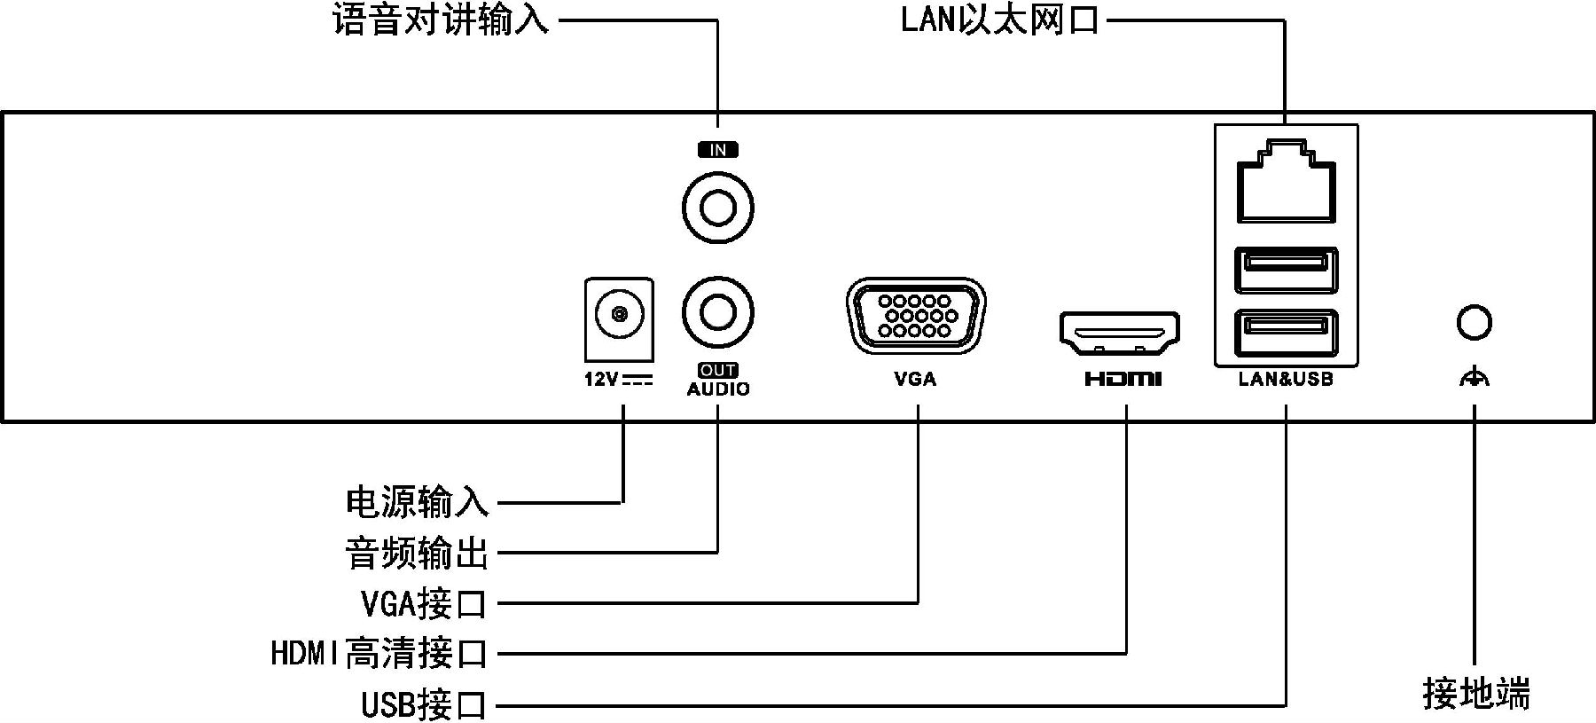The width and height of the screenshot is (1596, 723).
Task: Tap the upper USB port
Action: (1286, 270)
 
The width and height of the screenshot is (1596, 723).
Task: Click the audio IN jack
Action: (718, 208)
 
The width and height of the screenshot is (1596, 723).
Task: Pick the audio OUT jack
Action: (718, 313)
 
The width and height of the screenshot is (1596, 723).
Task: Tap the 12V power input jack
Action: (620, 314)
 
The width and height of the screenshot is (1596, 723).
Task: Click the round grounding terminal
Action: (1474, 322)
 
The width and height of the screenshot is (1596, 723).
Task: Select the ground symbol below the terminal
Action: (1474, 379)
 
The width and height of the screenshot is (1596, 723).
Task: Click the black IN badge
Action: (718, 150)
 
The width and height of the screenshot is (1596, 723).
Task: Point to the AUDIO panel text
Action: (718, 389)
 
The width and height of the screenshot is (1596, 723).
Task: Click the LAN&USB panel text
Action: (1286, 380)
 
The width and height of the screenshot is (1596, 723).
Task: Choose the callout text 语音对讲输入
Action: (441, 20)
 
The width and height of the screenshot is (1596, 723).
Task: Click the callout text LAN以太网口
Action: (999, 20)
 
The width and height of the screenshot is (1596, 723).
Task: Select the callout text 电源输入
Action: (417, 502)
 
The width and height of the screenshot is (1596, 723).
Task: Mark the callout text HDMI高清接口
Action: (379, 654)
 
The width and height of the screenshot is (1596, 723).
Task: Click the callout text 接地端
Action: (1476, 694)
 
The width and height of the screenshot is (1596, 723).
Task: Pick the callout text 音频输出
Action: (417, 553)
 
